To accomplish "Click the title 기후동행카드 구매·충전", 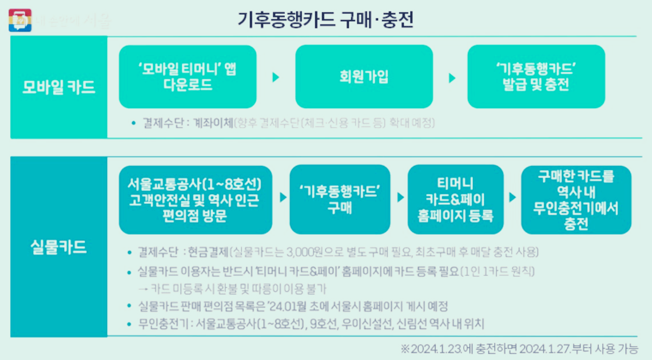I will [325, 19].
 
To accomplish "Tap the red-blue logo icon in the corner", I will [20, 20].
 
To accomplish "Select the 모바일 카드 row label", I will [58, 88].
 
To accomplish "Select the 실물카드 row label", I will [58, 247].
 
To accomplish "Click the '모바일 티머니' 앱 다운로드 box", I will [188, 77].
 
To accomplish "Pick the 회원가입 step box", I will [364, 77].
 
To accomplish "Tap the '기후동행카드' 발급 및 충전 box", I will [536, 77].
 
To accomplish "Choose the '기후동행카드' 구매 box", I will [340, 200].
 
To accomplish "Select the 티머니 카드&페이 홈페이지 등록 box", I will [456, 200].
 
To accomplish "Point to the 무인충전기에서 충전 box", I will [577, 200].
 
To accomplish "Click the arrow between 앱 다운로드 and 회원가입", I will [276, 77].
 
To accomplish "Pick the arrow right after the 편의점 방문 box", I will [283, 197].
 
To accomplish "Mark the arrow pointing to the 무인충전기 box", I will [513, 197].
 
